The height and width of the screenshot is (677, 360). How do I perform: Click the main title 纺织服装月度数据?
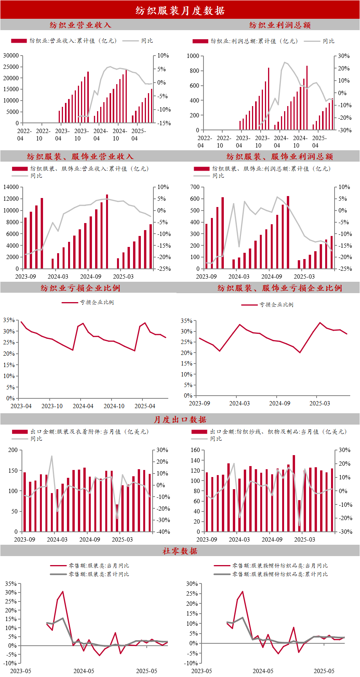(180, 11)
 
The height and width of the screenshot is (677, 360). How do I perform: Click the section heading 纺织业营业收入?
(81, 25)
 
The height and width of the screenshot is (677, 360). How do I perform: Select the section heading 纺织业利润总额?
(280, 25)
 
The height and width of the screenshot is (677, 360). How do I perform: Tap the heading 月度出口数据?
(180, 420)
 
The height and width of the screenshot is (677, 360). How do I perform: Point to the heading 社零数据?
(180, 551)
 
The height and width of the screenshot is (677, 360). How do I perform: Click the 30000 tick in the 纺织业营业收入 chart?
(11, 56)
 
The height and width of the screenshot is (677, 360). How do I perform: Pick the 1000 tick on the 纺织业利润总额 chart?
(193, 56)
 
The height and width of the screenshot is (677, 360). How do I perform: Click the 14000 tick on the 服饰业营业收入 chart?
(11, 187)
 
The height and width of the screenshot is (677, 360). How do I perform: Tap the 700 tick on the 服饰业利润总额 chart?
(195, 187)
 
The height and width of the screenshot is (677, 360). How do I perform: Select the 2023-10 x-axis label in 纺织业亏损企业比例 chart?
(52, 406)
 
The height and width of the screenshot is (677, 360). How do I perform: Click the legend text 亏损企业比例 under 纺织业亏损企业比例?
(97, 302)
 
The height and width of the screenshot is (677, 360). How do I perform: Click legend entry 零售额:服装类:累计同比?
(99, 574)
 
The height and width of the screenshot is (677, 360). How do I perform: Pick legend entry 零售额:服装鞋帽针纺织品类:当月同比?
(280, 565)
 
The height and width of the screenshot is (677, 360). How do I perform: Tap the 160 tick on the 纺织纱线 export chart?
(195, 450)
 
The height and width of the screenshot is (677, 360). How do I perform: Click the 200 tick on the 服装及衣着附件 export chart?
(13, 450)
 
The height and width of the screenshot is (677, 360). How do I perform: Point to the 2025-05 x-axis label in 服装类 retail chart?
(147, 671)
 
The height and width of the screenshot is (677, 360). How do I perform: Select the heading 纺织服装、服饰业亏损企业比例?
(280, 288)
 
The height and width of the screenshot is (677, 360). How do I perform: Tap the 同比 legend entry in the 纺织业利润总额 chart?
(328, 41)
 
